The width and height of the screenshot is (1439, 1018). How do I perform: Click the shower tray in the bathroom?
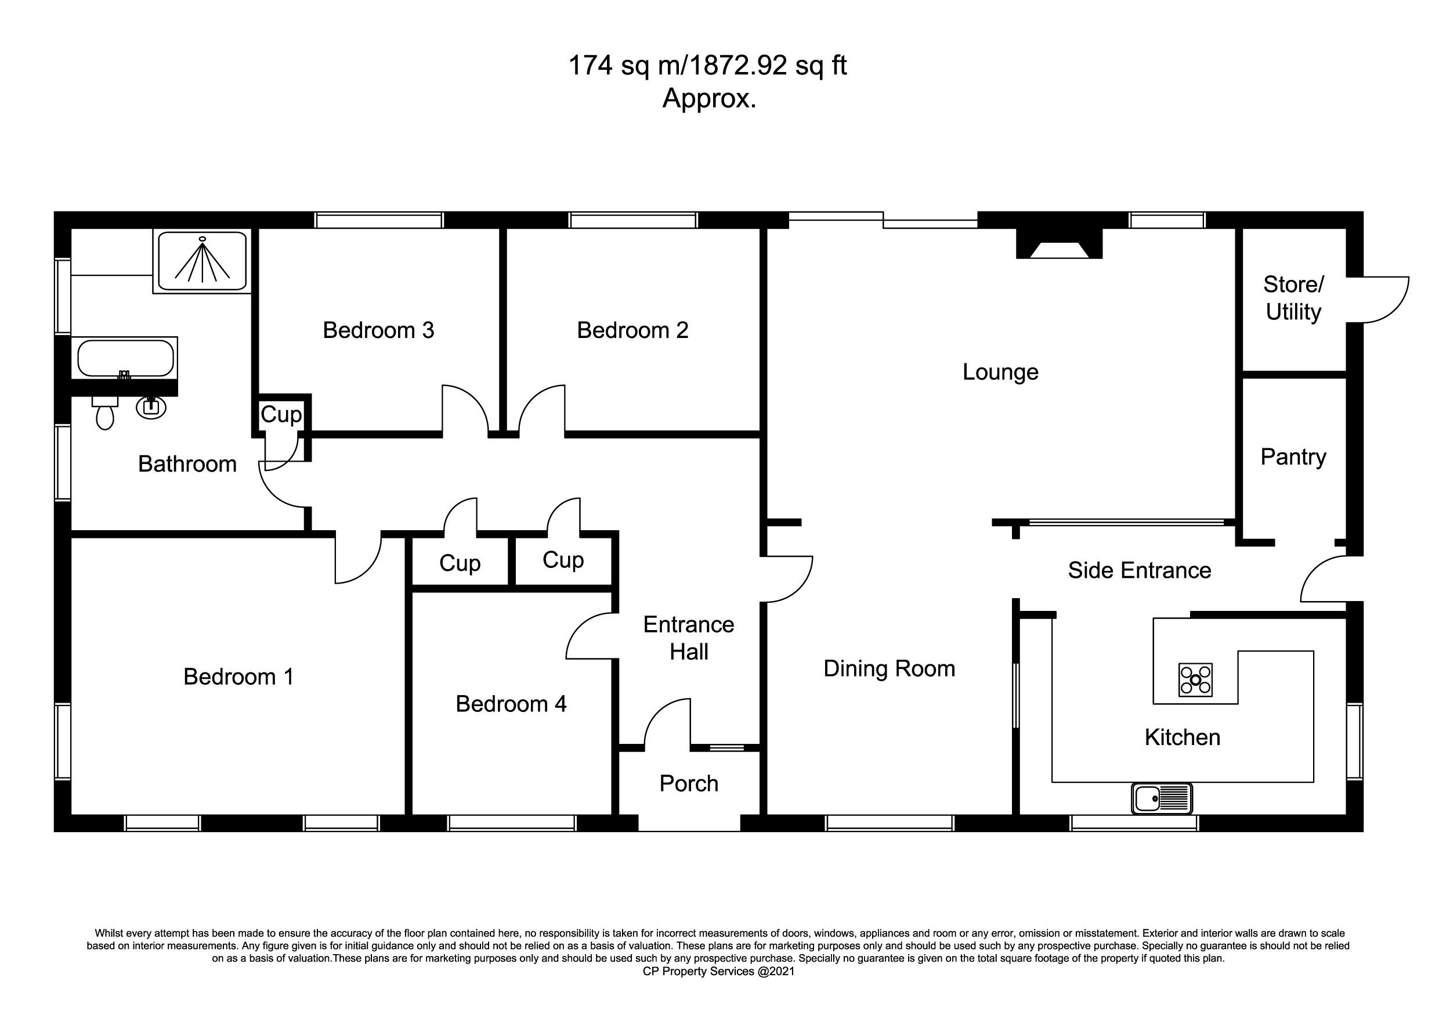(202, 261)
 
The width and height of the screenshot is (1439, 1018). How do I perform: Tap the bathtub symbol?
(125, 358)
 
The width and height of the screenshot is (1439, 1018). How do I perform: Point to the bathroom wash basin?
(151, 407)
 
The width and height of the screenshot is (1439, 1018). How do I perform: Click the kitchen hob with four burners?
(1196, 680)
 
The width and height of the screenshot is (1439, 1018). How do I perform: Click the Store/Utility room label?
(1293, 298)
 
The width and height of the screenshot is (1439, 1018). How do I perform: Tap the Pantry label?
(1293, 457)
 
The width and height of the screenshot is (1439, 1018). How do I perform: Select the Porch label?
(689, 783)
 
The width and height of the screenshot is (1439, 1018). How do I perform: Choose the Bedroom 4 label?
(511, 704)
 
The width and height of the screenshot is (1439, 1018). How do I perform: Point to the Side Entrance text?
(1140, 570)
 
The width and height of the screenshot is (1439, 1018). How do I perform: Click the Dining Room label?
(890, 668)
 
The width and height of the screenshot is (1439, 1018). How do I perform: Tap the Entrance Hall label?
(689, 638)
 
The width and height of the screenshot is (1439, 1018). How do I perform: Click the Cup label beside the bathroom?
(281, 415)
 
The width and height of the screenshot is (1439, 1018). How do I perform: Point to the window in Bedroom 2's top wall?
(633, 221)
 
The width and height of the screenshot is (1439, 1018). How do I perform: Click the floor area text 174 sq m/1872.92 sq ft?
(707, 66)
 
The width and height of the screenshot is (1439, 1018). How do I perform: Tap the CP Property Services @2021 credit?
(719, 972)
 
